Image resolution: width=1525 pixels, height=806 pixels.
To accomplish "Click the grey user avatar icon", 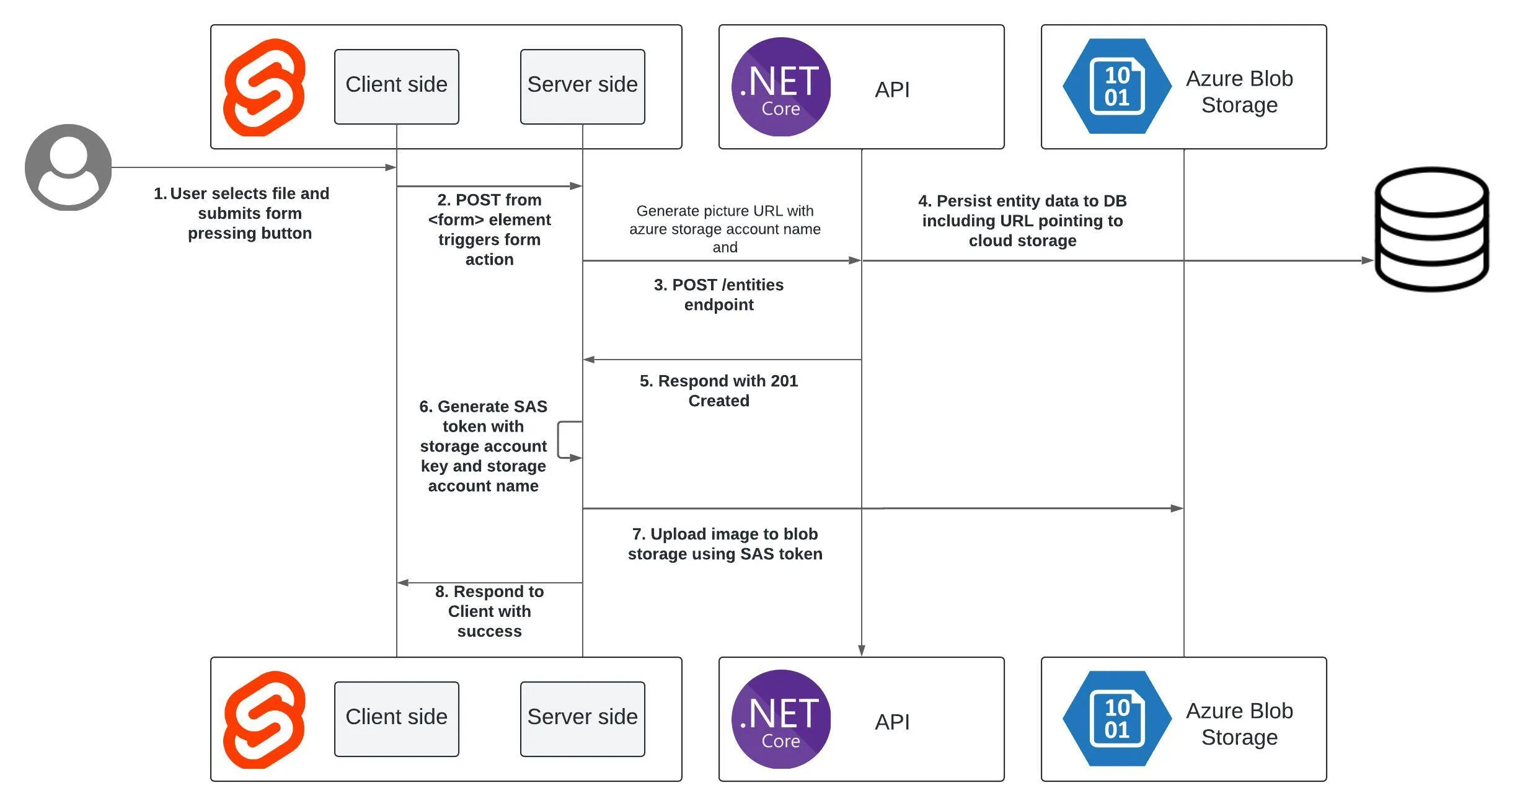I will pos(68,167).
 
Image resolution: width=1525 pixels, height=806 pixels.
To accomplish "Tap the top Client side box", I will pos(396,87).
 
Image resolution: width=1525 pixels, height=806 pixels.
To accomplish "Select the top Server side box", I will pos(582,87).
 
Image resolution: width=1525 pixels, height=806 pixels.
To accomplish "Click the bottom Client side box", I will pos(396,719).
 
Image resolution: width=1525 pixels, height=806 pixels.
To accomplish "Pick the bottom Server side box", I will pos(582,719).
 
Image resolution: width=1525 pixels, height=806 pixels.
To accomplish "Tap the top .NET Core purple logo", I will pos(780,87).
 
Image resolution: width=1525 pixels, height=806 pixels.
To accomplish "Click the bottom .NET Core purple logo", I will pos(780,719).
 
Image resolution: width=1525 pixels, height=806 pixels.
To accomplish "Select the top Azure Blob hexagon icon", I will pos(1116,86).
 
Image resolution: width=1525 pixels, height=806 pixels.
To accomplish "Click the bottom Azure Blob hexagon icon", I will pos(1116,719).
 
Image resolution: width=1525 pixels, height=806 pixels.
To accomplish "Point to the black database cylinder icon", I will pos(1431,229).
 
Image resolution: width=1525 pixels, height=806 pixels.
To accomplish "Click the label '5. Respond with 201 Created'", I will pos(718,391).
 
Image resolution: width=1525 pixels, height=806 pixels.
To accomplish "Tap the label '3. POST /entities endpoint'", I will pos(718,294).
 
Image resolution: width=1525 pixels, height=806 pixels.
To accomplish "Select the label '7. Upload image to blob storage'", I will pos(725,544).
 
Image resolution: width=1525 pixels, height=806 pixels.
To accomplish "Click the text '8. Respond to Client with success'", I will pos(489,611).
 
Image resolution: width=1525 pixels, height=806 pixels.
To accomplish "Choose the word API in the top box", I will pos(892,90).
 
